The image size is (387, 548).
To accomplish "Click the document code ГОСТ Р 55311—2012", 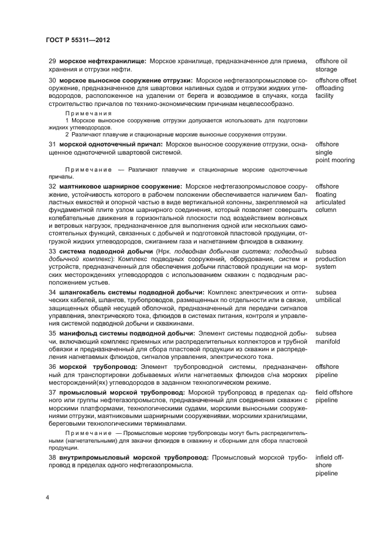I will tap(78, 40).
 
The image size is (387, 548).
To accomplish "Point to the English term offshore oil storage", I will tap(331, 65).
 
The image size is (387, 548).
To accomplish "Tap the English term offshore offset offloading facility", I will tap(335, 88).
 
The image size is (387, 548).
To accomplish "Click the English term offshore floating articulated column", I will tap(331, 198).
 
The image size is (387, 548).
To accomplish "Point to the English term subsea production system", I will tap(332, 259).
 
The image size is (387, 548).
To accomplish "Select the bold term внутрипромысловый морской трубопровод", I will tap(133, 455).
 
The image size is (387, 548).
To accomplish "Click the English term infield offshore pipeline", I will tap(332, 464).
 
